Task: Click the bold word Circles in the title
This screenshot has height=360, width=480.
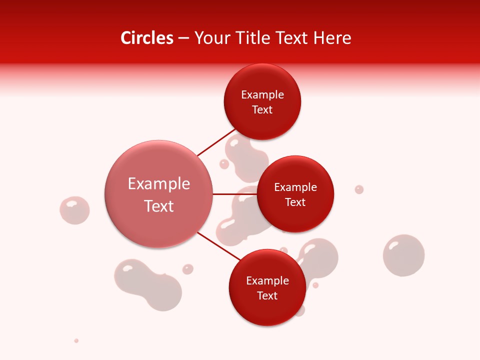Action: click(147, 38)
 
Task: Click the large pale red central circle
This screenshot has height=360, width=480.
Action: click(158, 194)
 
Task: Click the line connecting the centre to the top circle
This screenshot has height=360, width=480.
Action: click(216, 142)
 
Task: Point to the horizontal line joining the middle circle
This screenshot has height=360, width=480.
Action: click(234, 194)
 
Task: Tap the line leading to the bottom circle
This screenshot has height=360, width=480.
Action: click(218, 247)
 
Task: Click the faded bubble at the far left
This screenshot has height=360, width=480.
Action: click(74, 210)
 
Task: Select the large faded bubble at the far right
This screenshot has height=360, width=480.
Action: click(403, 255)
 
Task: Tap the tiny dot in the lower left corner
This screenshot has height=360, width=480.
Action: click(76, 340)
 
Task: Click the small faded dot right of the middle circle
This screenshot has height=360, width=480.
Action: click(359, 189)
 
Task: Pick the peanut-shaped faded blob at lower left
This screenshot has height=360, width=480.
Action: click(148, 284)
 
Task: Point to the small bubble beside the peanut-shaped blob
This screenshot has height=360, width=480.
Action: click(187, 269)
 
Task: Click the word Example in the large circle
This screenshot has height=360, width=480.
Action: click(158, 184)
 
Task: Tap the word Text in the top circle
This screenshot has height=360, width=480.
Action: click(262, 109)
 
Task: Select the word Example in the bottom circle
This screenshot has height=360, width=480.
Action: click(267, 280)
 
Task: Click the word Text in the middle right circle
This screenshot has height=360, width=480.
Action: click(295, 202)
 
